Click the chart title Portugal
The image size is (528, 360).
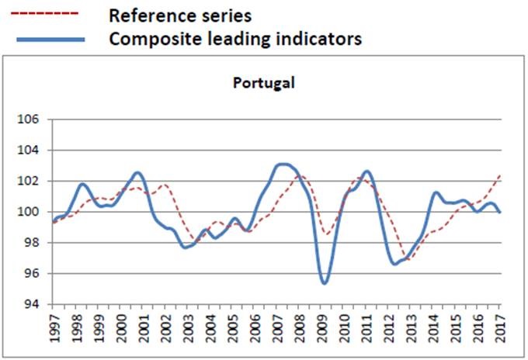[x=264, y=82]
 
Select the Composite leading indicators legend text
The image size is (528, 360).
[x=235, y=38]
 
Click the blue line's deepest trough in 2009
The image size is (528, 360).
[x=324, y=282]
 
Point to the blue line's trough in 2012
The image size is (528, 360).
[x=395, y=264]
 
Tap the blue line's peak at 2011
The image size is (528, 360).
[x=366, y=171]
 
